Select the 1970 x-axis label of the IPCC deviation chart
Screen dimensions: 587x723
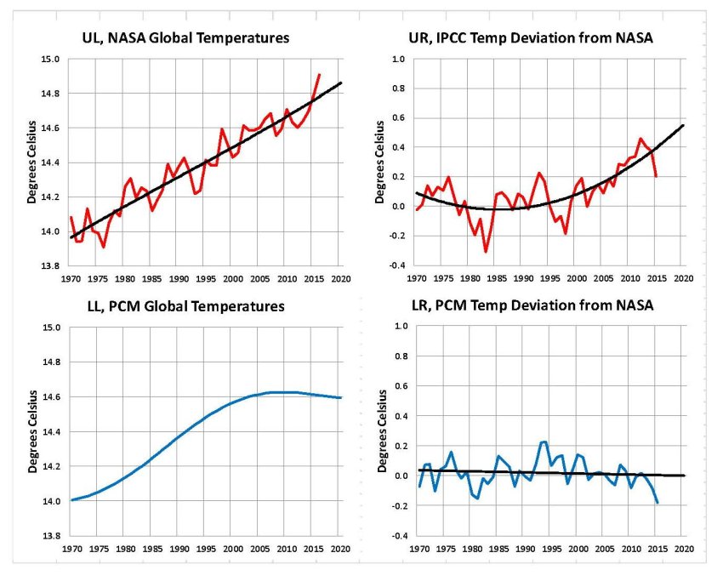417,277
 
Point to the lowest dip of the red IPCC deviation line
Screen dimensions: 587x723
486,252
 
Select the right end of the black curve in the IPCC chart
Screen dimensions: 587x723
683,126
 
